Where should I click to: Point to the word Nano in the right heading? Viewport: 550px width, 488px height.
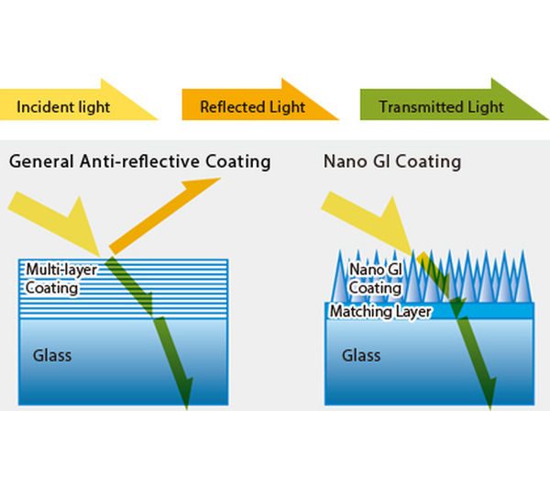[x=344, y=162]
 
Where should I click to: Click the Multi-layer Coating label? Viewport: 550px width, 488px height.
[x=52, y=279]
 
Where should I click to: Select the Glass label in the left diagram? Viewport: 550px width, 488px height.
[x=52, y=355]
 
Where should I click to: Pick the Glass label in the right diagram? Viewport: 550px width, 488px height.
[x=361, y=354]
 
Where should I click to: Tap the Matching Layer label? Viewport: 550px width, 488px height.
[x=380, y=312]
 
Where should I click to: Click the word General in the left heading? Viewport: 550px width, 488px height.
[x=38, y=162]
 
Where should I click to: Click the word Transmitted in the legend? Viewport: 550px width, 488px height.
[x=411, y=106]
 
